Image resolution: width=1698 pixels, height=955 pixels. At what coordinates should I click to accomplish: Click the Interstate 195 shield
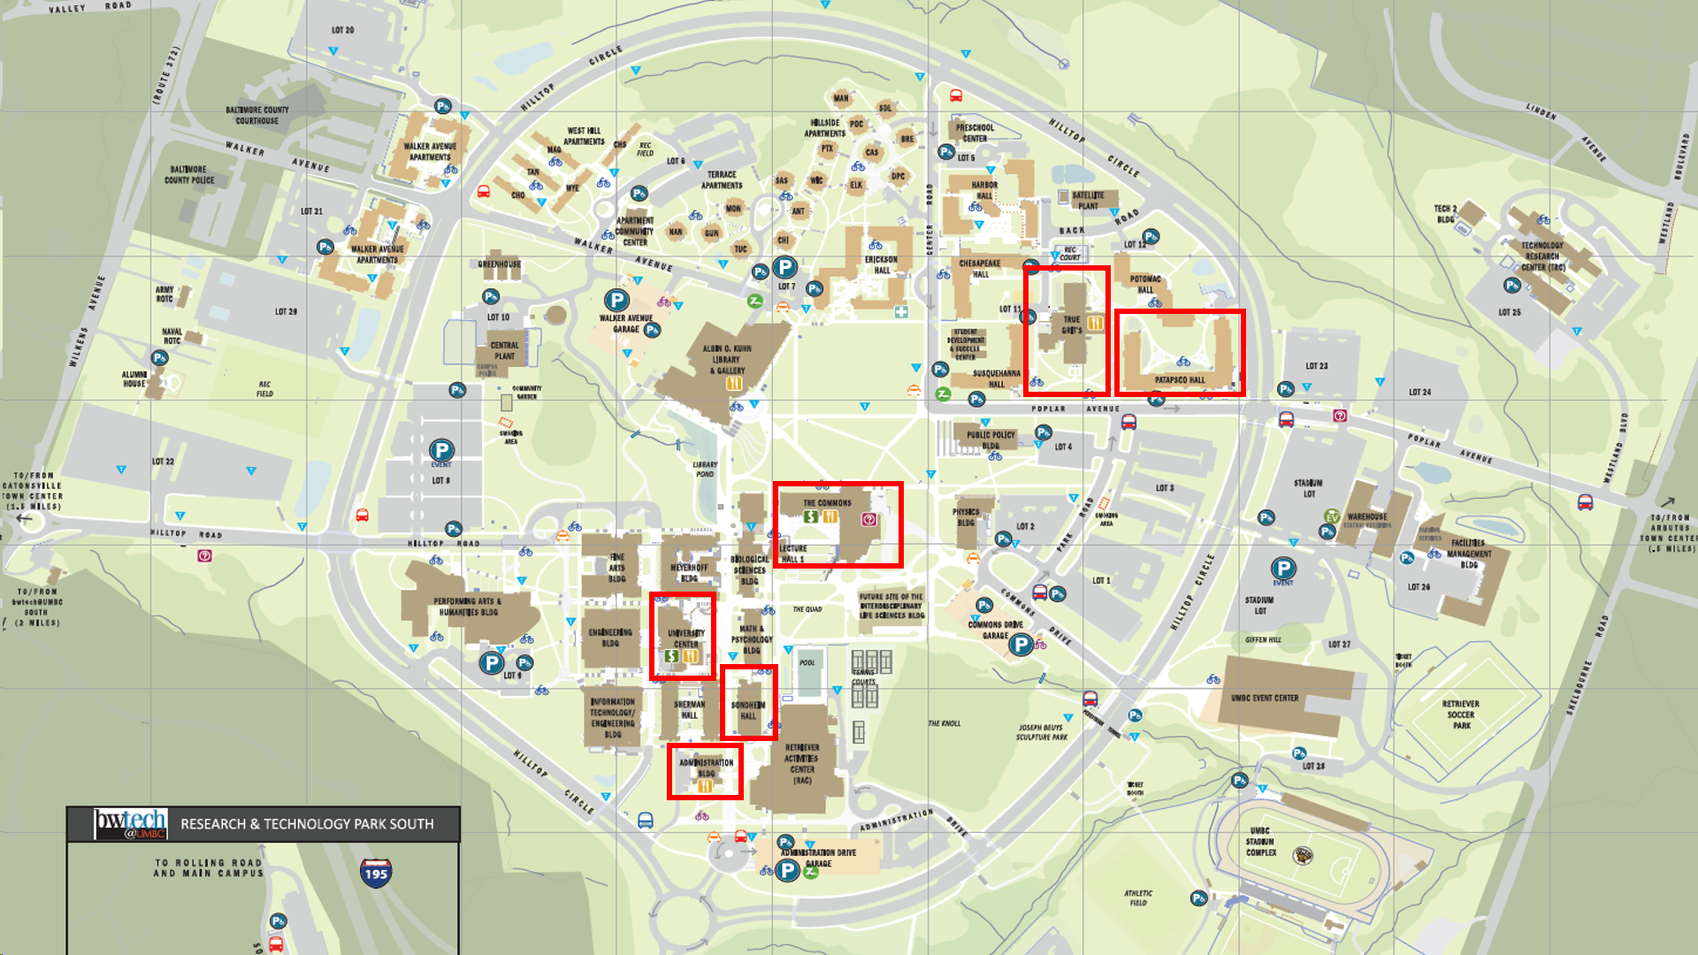(376, 872)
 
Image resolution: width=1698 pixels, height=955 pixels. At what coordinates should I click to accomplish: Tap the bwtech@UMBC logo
(131, 823)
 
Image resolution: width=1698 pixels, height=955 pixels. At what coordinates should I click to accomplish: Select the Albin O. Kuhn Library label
(730, 359)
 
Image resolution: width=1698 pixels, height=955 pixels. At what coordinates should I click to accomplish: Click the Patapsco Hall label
(1180, 380)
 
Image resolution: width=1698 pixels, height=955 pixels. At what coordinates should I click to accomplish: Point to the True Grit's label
(1072, 325)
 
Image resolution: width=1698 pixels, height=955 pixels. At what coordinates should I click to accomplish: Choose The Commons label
(827, 502)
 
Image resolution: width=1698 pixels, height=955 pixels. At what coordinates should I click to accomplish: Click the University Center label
(685, 638)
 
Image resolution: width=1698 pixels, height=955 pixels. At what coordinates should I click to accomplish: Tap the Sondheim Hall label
(748, 710)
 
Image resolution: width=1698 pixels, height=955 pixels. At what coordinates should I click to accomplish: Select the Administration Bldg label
(706, 767)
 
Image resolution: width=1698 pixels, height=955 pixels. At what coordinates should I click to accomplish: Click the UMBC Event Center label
(1265, 698)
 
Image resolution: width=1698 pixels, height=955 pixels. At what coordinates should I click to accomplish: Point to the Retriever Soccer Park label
(1461, 714)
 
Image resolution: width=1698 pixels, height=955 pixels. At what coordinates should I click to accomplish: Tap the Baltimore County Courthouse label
(256, 115)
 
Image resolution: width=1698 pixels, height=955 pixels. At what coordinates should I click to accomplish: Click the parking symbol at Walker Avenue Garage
(616, 301)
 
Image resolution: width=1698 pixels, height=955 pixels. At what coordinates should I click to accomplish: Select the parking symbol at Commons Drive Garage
(1021, 644)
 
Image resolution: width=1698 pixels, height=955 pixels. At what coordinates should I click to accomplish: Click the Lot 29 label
(286, 311)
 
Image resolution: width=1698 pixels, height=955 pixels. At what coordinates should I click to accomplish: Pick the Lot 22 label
(163, 461)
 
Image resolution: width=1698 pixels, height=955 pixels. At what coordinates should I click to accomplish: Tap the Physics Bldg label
(966, 516)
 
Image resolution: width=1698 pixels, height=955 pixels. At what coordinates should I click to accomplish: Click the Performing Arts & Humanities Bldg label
(466, 607)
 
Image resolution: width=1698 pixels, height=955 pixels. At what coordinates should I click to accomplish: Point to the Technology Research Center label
(1542, 256)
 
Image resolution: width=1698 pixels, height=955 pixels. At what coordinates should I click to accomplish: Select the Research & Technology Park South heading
(307, 824)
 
